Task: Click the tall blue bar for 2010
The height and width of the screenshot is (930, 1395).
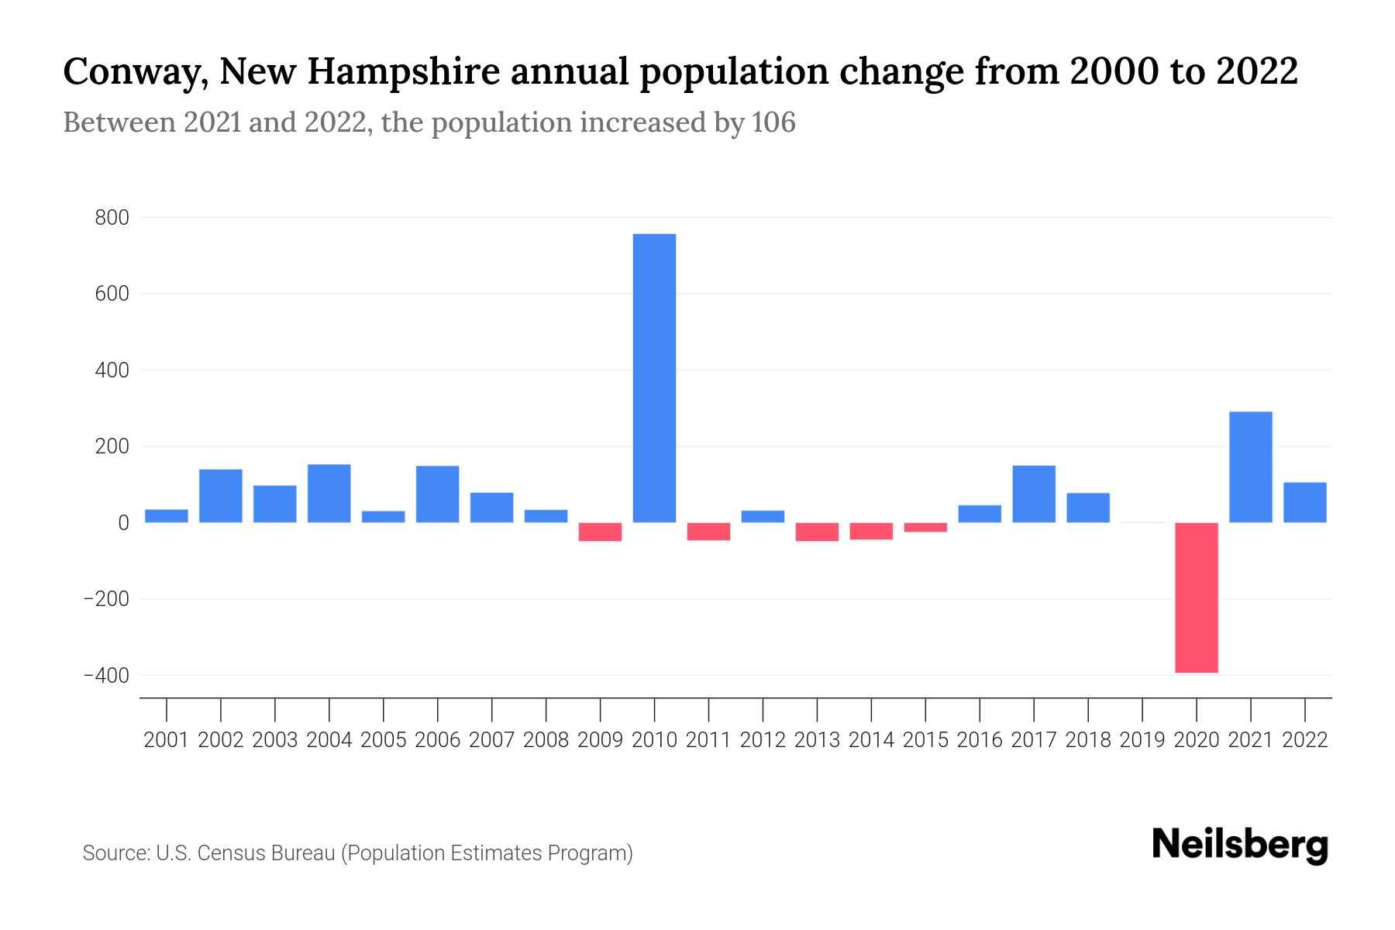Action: pyautogui.click(x=654, y=378)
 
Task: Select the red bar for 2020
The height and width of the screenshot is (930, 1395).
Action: pyautogui.click(x=1196, y=598)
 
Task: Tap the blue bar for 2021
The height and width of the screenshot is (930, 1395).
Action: pyautogui.click(x=1250, y=467)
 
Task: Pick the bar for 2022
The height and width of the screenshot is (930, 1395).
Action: pyautogui.click(x=1305, y=502)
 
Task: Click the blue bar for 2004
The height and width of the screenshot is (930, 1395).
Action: pyautogui.click(x=329, y=493)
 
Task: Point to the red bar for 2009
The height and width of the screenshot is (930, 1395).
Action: pyautogui.click(x=601, y=532)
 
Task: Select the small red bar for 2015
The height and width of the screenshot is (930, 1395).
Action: pyautogui.click(x=925, y=527)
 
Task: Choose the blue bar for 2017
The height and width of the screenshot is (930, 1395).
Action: pyautogui.click(x=1034, y=494)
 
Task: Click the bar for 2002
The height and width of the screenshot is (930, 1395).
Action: pyautogui.click(x=221, y=496)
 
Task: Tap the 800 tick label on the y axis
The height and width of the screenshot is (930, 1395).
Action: pyautogui.click(x=112, y=219)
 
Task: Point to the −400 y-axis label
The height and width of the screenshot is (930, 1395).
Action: pyautogui.click(x=106, y=676)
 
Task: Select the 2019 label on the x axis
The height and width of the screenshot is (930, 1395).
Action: pyautogui.click(x=1142, y=740)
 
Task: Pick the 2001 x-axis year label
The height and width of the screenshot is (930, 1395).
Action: pyautogui.click(x=167, y=740)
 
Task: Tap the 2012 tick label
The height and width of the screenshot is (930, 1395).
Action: pyautogui.click(x=763, y=740)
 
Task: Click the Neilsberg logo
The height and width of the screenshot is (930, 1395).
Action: pyautogui.click(x=1240, y=845)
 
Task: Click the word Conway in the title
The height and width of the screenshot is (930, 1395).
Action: pyautogui.click(x=134, y=73)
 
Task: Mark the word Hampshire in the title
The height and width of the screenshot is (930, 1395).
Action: pyautogui.click(x=403, y=73)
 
